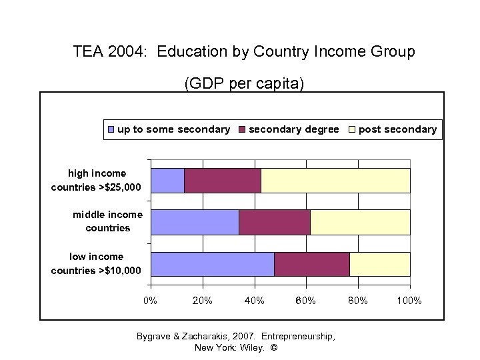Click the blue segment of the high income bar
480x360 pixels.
tap(168, 181)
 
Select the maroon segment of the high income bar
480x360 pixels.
tap(223, 181)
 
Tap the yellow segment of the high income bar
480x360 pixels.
tap(335, 181)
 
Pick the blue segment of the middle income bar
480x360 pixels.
tap(195, 222)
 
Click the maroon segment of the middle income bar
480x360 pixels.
tap(275, 222)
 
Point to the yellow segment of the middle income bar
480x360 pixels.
tap(360, 222)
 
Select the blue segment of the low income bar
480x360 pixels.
tap(213, 264)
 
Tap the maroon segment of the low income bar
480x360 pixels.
tap(312, 264)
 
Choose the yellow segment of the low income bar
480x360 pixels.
tap(380, 264)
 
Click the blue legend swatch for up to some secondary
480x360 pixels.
tap(111, 129)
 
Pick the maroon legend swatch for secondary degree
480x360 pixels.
tap(242, 129)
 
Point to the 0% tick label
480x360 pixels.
tap(151, 301)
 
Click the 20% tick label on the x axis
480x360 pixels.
tap(203, 301)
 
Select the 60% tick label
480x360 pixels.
tap(306, 301)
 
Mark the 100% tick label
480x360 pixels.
tap(409, 301)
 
